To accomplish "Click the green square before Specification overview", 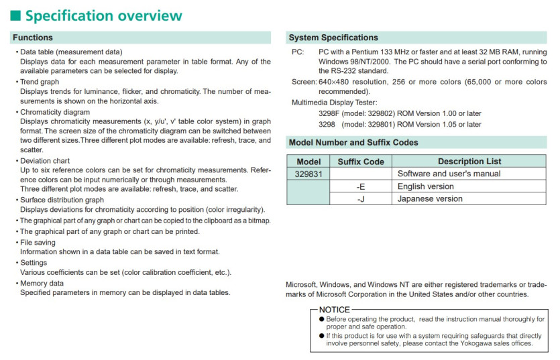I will [x=17, y=15].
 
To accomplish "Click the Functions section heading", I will [x=33, y=38].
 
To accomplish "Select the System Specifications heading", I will [x=333, y=38].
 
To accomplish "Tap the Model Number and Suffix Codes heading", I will [x=353, y=142].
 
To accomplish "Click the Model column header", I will [x=309, y=161].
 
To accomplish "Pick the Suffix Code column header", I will [x=361, y=161].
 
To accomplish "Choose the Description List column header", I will [x=469, y=161].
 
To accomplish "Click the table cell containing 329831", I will [x=309, y=174].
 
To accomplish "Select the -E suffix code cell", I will [x=361, y=186].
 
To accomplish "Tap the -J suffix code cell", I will [x=361, y=198].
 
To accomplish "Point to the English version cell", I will [x=425, y=186].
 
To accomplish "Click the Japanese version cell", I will [x=430, y=198].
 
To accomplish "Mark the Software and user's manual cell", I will [x=449, y=174].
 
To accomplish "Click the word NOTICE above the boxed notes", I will [x=334, y=310].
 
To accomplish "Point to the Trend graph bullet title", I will [x=40, y=82].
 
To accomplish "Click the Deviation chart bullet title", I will [x=45, y=161].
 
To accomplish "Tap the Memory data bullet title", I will [x=42, y=283].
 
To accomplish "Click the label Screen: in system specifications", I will [x=304, y=82].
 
